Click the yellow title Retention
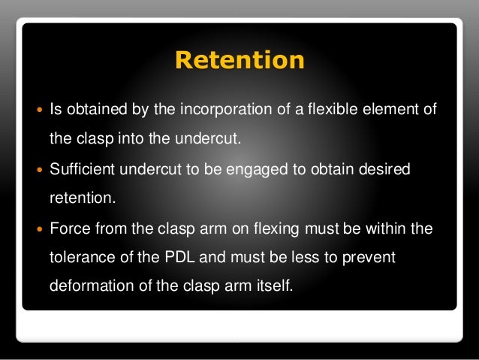[x=239, y=59]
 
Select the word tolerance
[x=79, y=259]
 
